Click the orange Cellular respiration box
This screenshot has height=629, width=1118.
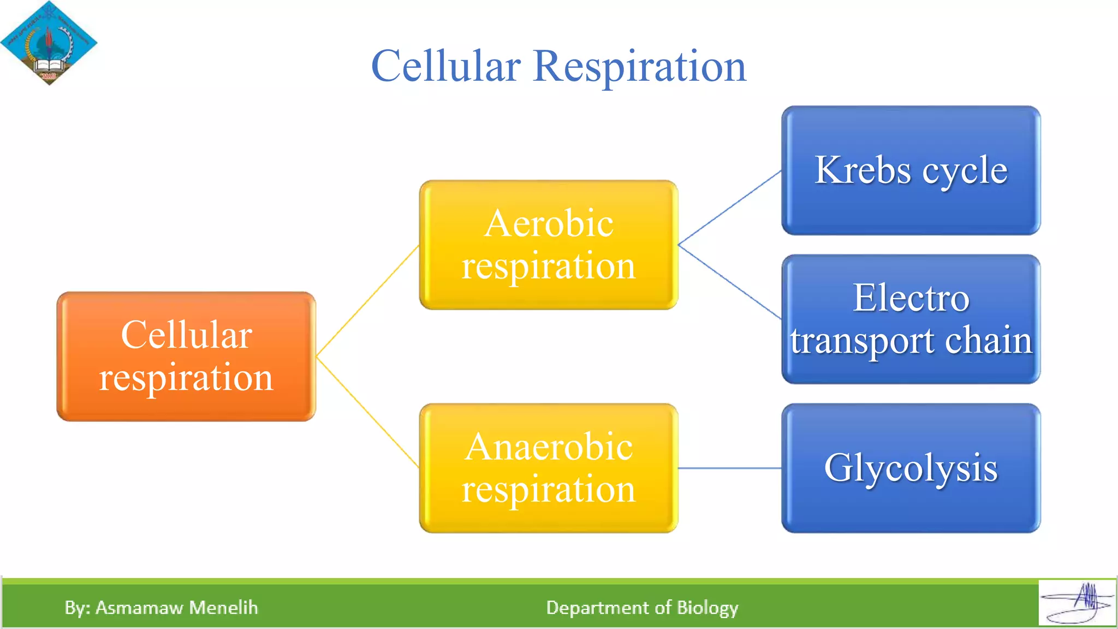[x=186, y=356]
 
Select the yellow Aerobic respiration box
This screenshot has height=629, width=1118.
[x=548, y=245]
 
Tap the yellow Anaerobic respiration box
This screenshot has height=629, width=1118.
[x=548, y=468]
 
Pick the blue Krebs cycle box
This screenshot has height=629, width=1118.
[x=911, y=170]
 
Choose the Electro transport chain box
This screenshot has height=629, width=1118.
[x=911, y=319]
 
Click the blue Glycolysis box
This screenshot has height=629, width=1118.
[x=911, y=468]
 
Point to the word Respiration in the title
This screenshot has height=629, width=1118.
[x=639, y=66]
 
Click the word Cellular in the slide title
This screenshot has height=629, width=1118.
[x=445, y=66]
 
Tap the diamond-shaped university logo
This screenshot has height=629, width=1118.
[x=49, y=43]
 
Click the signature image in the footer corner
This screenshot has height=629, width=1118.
[x=1077, y=603]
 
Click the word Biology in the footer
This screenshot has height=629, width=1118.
[x=707, y=608]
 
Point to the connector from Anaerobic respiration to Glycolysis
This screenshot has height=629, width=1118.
[x=729, y=468]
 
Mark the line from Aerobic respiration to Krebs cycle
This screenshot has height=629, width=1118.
[x=729, y=208]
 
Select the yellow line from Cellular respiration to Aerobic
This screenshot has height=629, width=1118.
[x=367, y=301]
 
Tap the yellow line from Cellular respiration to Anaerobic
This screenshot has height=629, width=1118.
[x=367, y=412]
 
